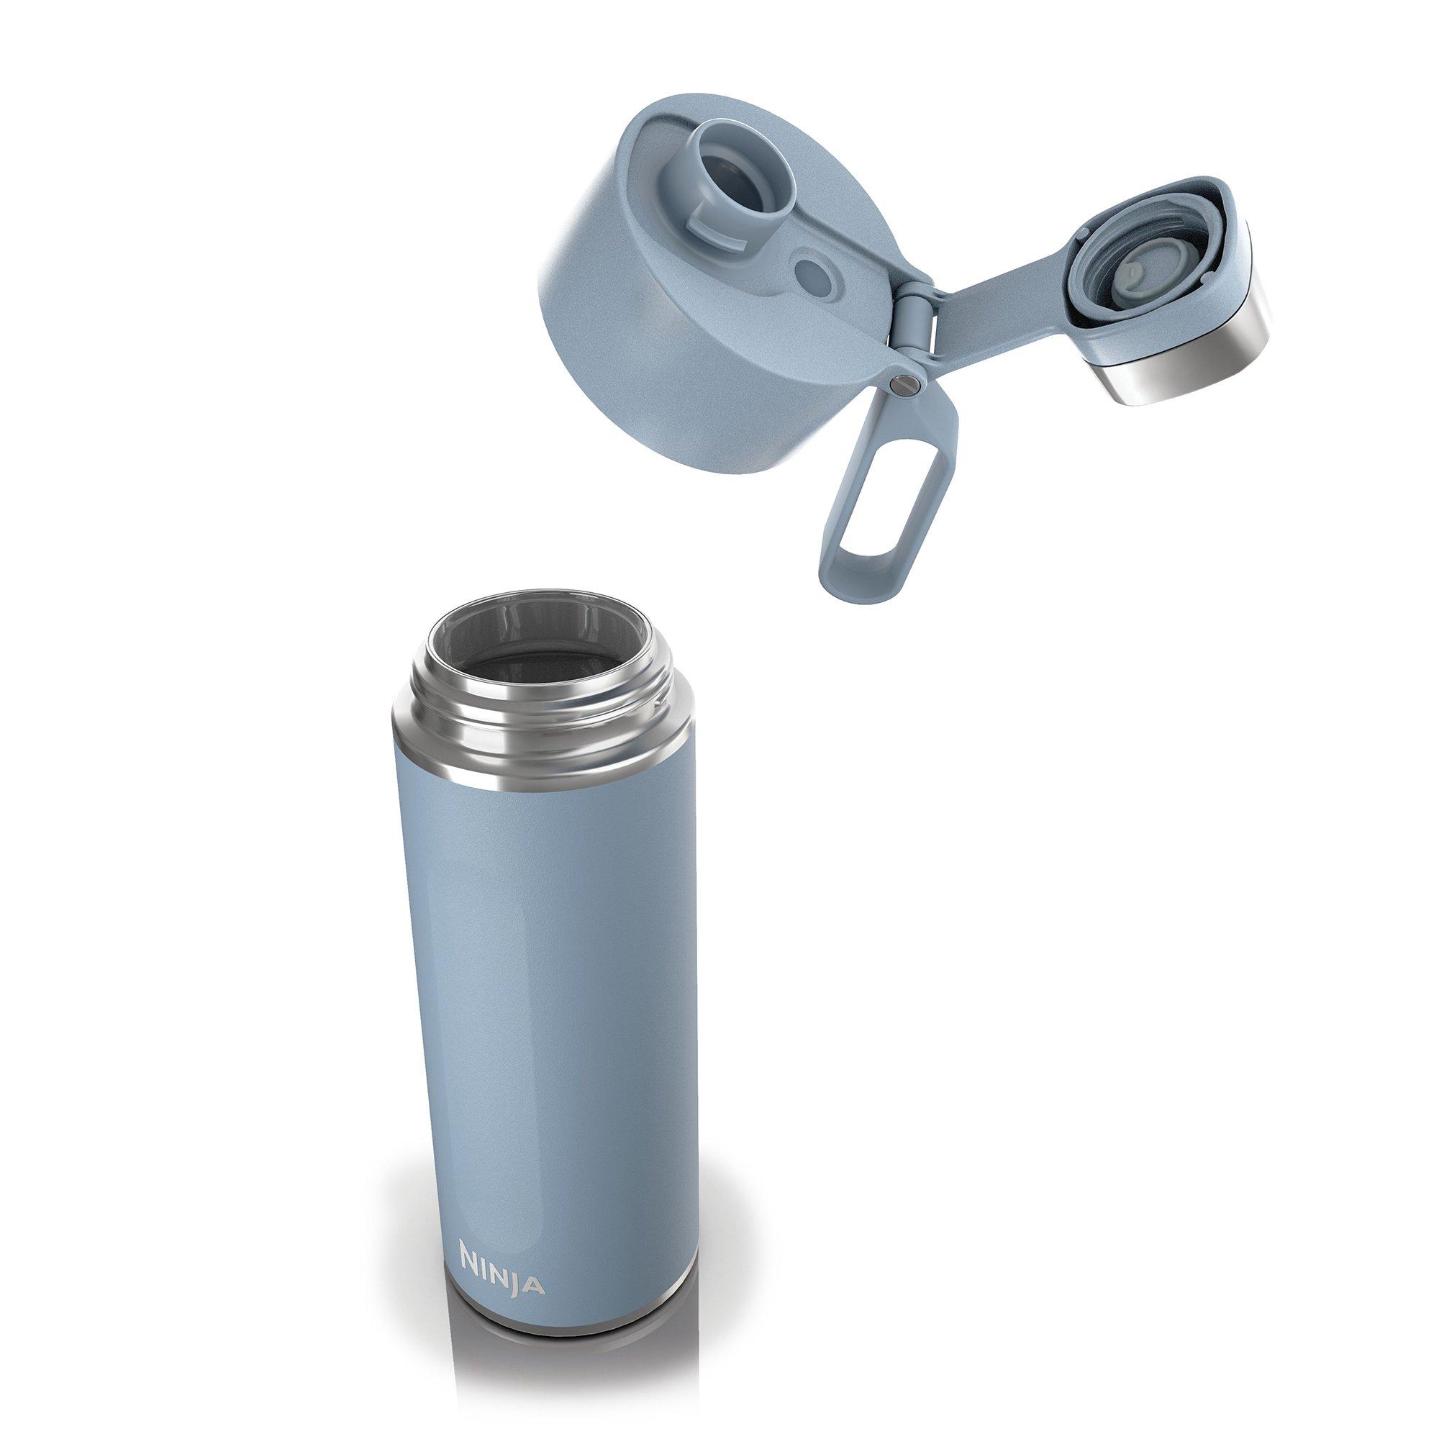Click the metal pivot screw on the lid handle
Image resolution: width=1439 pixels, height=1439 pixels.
[902, 383]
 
